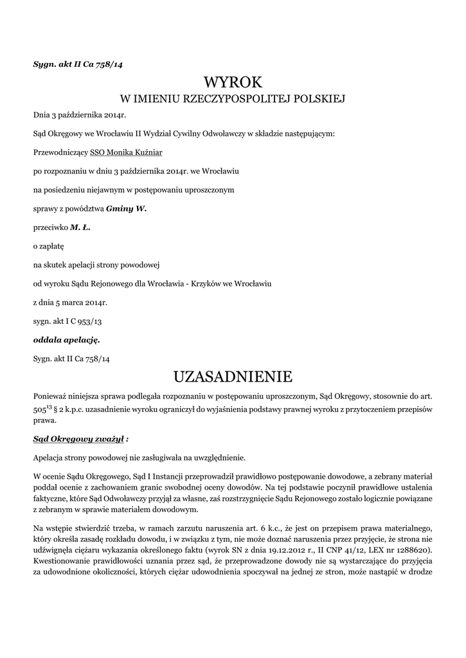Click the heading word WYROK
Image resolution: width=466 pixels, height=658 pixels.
pyautogui.click(x=233, y=82)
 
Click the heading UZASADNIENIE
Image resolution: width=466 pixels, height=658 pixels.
pyautogui.click(x=233, y=375)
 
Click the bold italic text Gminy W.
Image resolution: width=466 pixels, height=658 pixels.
pyautogui.click(x=127, y=209)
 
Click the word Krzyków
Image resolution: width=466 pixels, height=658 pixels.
pyautogui.click(x=206, y=283)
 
